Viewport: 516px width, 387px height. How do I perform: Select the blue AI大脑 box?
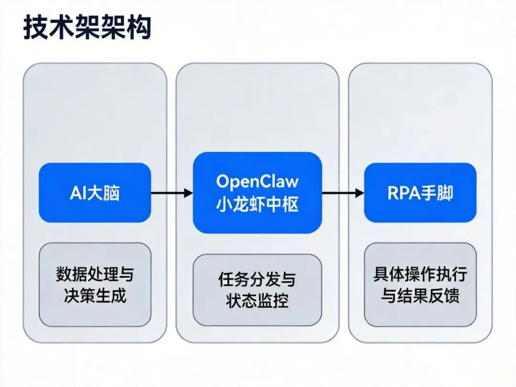pos(95,193)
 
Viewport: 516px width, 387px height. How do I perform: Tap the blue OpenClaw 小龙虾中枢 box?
pos(257,193)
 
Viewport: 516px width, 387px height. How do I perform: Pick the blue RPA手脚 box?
pos(420,193)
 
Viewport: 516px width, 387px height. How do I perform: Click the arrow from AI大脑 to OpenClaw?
pos(172,193)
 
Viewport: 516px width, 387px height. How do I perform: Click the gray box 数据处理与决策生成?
pos(95,285)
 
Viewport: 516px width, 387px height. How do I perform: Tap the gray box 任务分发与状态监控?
pos(257,290)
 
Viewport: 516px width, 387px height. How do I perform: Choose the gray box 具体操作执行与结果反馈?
pos(420,285)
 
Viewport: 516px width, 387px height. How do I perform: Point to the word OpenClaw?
pos(257,182)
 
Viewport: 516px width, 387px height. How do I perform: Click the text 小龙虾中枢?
pos(257,204)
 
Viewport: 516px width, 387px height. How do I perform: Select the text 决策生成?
pos(95,296)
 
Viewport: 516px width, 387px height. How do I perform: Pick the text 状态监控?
pos(257,301)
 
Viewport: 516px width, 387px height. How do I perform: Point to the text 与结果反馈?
pos(420,296)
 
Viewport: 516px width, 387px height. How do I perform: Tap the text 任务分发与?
pos(257,279)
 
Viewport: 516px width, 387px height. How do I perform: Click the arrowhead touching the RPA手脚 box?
pos(359,193)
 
